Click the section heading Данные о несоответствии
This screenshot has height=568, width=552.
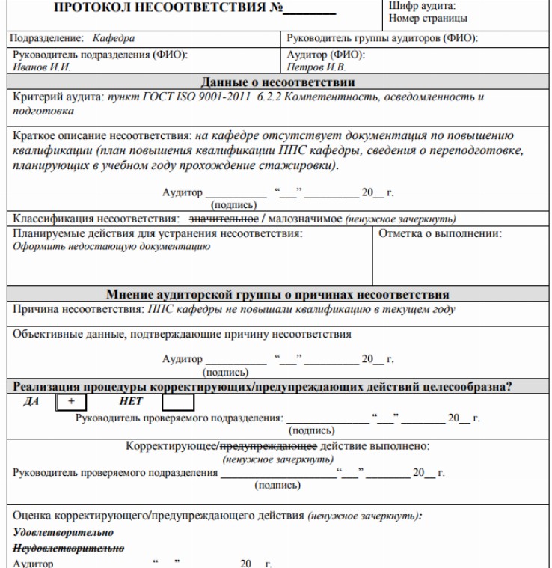pos(276,81)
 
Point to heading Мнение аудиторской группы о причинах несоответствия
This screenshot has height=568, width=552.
pos(276,293)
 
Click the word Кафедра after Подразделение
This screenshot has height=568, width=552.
pos(114,37)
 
